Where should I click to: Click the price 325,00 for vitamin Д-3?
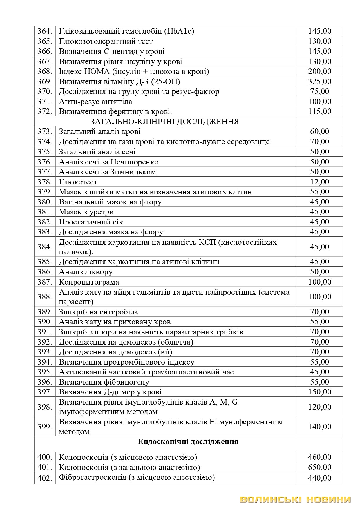[319, 81]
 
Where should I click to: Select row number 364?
[44, 31]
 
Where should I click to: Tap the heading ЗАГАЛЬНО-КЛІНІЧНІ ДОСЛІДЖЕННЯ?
[165, 122]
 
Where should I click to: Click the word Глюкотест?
[78, 182]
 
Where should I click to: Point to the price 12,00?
[319, 182]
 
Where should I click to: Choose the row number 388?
[44, 297]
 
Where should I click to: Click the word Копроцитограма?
[89, 282]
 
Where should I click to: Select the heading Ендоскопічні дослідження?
[188, 442]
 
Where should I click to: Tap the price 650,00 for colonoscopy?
[319, 467]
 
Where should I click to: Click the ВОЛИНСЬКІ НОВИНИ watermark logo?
[296, 499]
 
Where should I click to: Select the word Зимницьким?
[133, 172]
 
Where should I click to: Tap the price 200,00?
[319, 71]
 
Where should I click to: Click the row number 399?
[44, 427]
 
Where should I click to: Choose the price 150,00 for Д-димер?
[319, 392]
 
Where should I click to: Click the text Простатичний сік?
[91, 222]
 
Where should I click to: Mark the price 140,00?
[319, 427]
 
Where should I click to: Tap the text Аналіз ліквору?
[86, 272]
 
